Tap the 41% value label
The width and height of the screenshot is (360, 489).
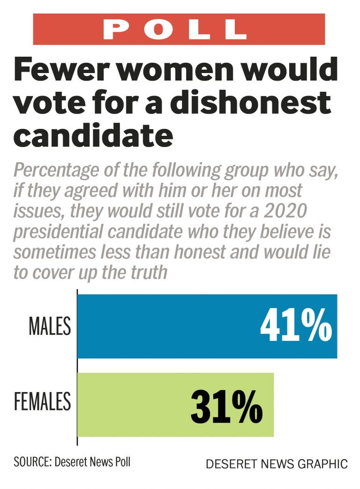(296, 326)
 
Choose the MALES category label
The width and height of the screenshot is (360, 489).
(50, 326)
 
